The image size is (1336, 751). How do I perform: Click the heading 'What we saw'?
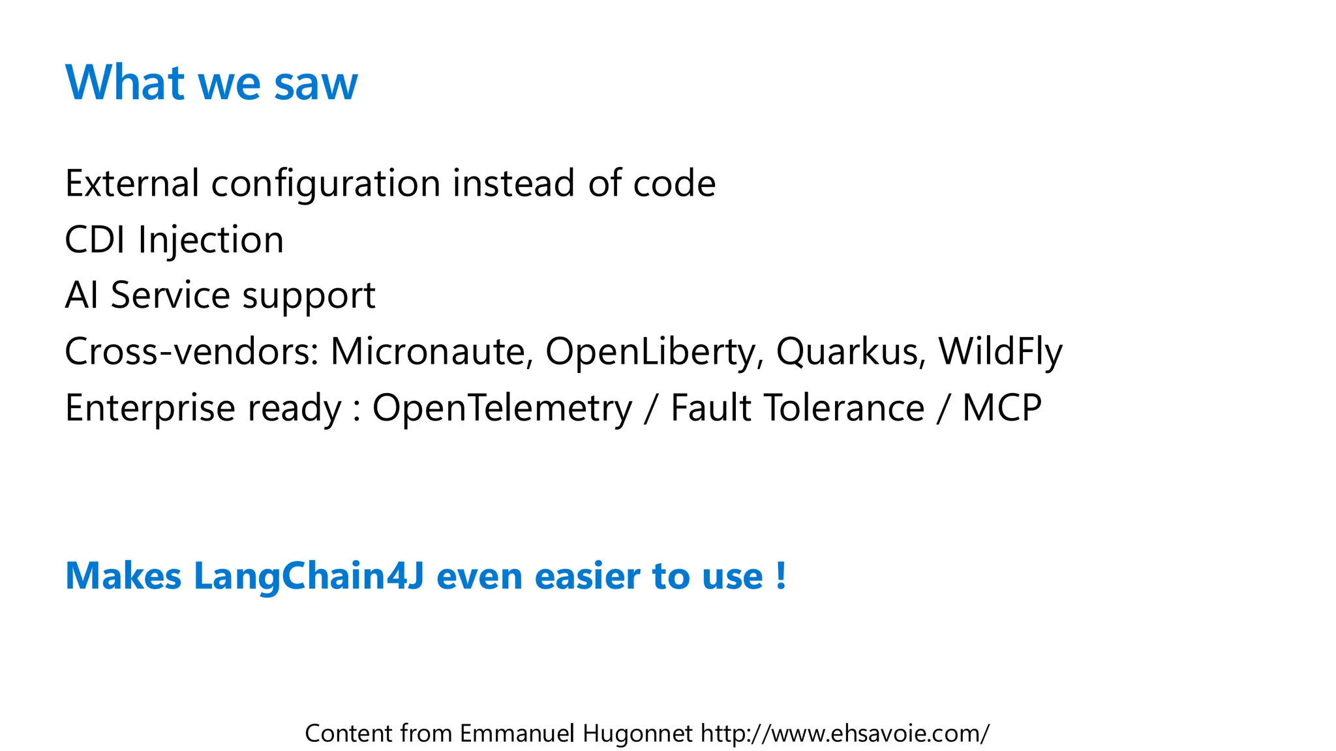[211, 83]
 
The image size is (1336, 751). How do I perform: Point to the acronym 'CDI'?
[95, 239]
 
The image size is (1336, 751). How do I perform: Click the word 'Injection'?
[211, 241]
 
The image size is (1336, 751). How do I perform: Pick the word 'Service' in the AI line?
[170, 295]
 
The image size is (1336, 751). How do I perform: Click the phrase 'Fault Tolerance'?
[797, 408]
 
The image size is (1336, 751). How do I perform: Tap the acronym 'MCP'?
[1002, 408]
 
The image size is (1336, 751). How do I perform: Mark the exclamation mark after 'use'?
[781, 576]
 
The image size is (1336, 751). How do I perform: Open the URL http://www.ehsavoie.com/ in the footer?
[845, 733]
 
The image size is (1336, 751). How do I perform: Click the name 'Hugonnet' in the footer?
[637, 733]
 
